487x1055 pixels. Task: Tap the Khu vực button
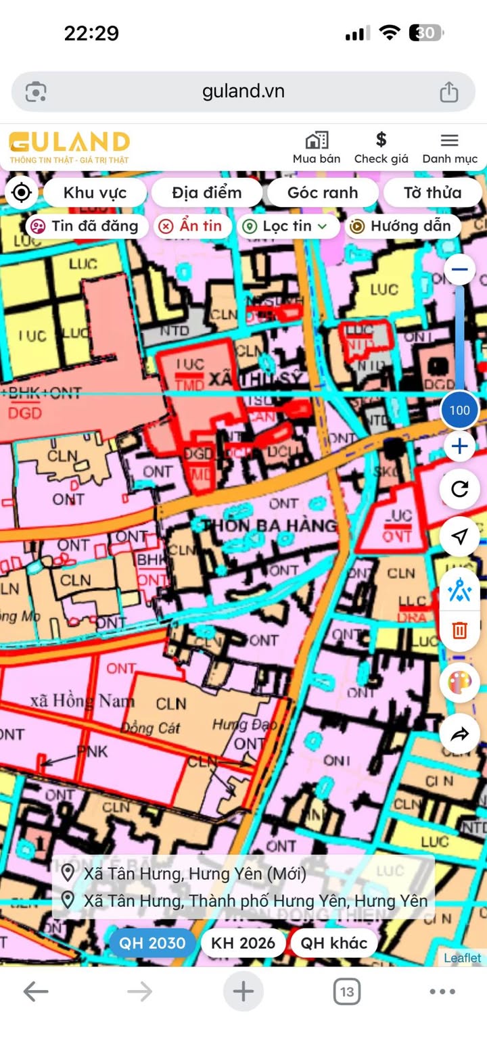(x=95, y=193)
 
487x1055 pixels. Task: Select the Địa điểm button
(x=206, y=193)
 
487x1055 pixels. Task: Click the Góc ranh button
(x=323, y=193)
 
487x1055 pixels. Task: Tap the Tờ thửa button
(x=433, y=193)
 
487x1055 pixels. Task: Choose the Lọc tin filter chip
(x=287, y=226)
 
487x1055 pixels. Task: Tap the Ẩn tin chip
(x=192, y=226)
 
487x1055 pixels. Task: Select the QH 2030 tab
(x=153, y=943)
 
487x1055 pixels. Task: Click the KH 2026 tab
(x=243, y=943)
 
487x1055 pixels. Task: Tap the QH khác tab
(x=333, y=943)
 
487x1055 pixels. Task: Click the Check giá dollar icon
(x=381, y=140)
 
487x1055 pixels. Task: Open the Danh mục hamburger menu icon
(x=450, y=140)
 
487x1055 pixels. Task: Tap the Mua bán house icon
(x=317, y=140)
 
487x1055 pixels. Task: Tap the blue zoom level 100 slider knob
(x=459, y=410)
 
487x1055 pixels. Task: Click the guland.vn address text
(x=243, y=91)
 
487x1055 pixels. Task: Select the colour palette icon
(x=459, y=684)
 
